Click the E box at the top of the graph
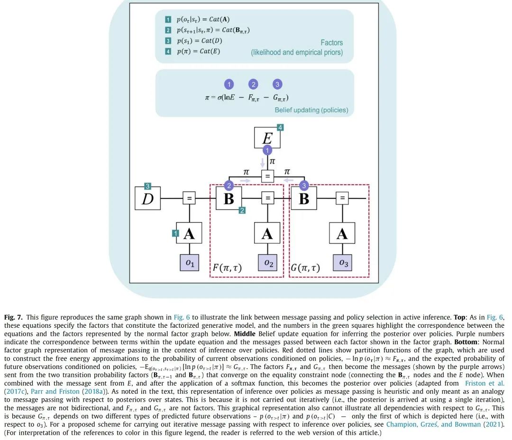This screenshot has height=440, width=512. (267, 138)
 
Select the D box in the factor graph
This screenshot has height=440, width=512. (148, 198)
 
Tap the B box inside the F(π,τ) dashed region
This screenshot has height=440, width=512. (229, 198)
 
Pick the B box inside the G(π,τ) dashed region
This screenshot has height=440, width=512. (303, 198)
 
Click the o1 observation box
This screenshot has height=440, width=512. (189, 263)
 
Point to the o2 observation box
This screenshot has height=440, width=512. (267, 263)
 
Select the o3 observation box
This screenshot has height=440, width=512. (342, 263)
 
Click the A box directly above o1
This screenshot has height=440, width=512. (189, 233)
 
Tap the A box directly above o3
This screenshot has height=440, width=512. (342, 233)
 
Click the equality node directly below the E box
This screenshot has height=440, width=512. (268, 176)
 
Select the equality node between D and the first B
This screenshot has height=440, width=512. (189, 198)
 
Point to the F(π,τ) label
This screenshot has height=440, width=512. (227, 268)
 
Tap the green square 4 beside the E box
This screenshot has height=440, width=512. (280, 127)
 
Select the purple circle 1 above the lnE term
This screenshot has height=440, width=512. (229, 84)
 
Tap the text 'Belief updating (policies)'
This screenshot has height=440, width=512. (311, 110)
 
